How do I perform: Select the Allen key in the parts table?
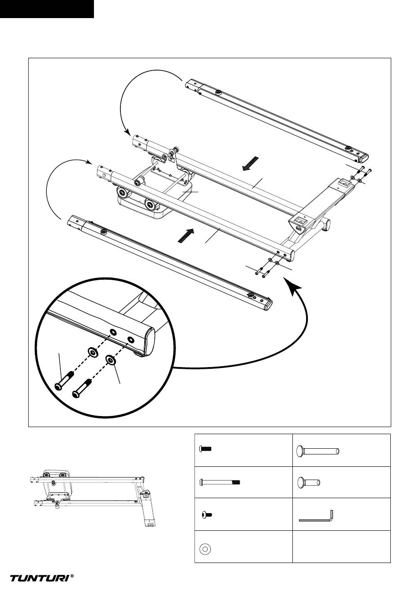(317, 516)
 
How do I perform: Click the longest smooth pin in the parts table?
(318, 450)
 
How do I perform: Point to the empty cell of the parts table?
(341, 547)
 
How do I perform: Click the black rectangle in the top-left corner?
(47, 9)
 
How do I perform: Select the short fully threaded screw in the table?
(206, 449)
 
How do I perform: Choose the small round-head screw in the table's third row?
(206, 514)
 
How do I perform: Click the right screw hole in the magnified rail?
(131, 340)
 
